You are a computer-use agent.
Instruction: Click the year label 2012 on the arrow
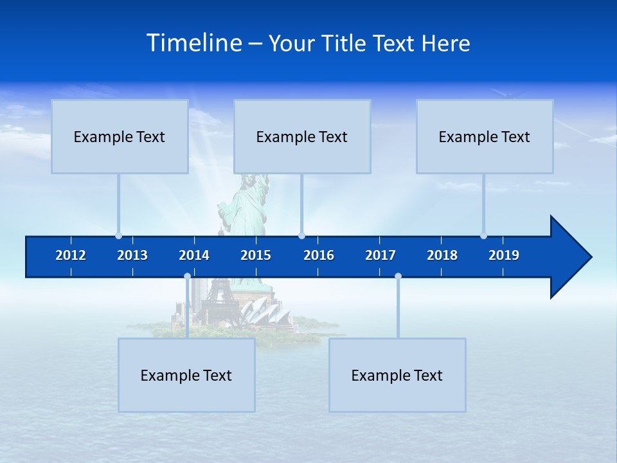pyautogui.click(x=71, y=255)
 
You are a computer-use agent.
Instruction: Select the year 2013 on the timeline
pyautogui.click(x=132, y=255)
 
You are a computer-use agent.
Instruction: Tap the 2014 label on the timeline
pyautogui.click(x=194, y=255)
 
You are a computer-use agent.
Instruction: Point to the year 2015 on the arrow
pyautogui.click(x=256, y=255)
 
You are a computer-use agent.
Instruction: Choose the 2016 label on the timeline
pyautogui.click(x=319, y=255)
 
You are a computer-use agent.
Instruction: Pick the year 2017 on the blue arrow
pyautogui.click(x=380, y=255)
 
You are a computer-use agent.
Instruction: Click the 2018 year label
pyautogui.click(x=442, y=255)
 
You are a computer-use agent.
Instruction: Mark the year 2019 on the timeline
pyautogui.click(x=504, y=255)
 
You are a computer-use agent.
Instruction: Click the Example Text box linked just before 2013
pyautogui.click(x=120, y=136)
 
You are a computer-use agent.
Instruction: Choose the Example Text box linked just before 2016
pyautogui.click(x=302, y=136)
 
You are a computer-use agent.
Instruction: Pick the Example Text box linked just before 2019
pyautogui.click(x=485, y=136)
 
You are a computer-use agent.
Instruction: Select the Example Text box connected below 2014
pyautogui.click(x=186, y=375)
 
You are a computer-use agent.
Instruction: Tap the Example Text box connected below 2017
pyautogui.click(x=397, y=375)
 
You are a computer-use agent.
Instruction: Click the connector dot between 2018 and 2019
pyautogui.click(x=483, y=236)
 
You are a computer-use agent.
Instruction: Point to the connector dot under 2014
pyautogui.click(x=187, y=277)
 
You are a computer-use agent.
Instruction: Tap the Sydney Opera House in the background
pyautogui.click(x=257, y=313)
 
